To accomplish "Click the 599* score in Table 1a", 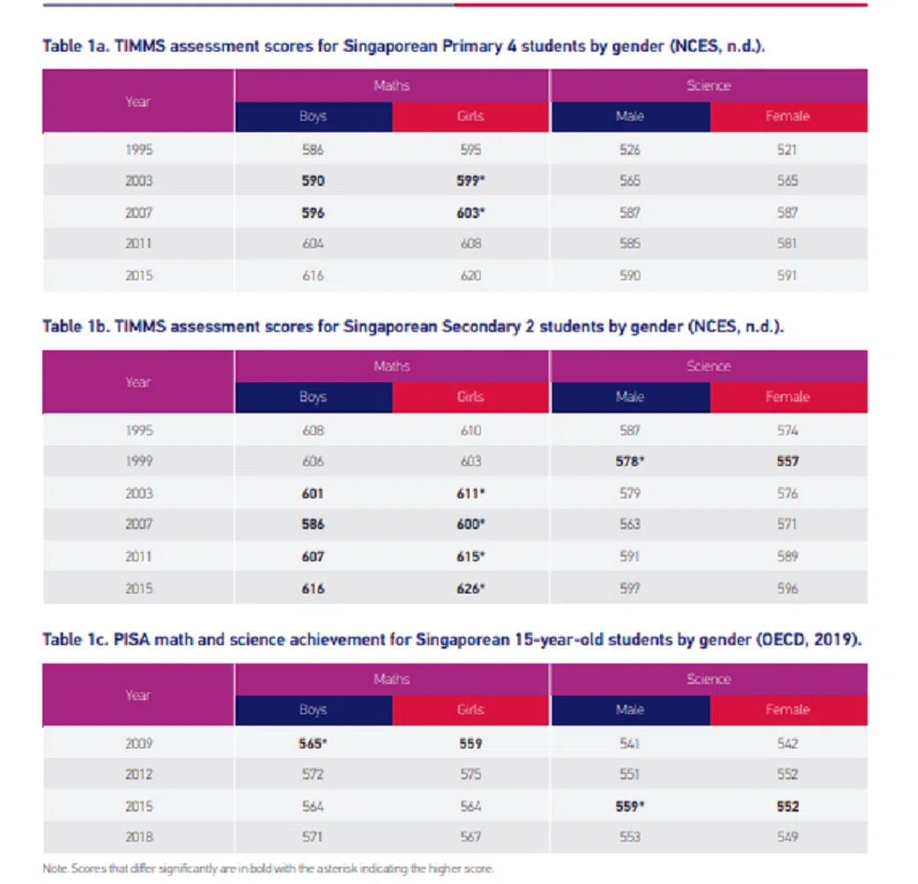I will (x=470, y=181).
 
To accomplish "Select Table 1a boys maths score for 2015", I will (x=313, y=276).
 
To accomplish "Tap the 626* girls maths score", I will (x=470, y=589).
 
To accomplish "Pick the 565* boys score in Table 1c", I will (x=313, y=743).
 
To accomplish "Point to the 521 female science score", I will (x=787, y=149).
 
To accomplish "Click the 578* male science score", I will (x=630, y=462).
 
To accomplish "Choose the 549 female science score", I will (x=787, y=837).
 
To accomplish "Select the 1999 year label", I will (x=138, y=462).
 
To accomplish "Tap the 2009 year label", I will (x=138, y=743).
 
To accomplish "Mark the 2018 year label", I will (x=138, y=837).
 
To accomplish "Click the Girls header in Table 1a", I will (x=470, y=116).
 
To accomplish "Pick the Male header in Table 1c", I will (x=630, y=709).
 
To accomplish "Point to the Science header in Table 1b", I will (x=708, y=366).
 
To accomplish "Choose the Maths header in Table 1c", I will (x=392, y=679).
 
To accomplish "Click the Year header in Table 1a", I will (x=138, y=102).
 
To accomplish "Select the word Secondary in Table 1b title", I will (x=480, y=327).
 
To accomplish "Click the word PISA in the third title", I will (x=132, y=639).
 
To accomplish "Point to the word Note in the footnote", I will (x=54, y=869).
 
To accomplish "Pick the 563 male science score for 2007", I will (x=630, y=524).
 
